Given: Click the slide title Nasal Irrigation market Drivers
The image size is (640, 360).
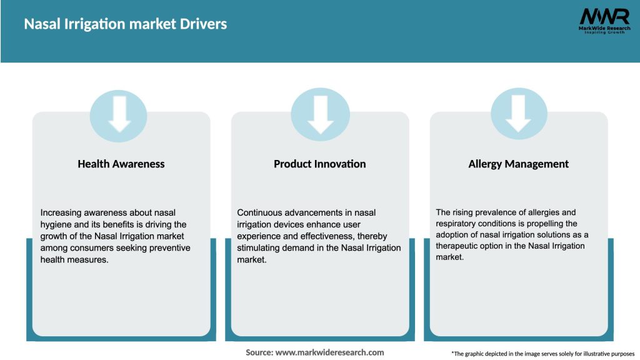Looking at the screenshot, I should [125, 24].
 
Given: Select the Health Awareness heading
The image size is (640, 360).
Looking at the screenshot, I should [121, 164].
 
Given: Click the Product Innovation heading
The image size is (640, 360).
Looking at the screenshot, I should [319, 164].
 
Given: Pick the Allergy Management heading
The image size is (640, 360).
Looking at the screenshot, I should [518, 164].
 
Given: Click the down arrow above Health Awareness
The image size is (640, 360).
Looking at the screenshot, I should [119, 115].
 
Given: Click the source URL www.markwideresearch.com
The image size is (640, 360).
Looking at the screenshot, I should [329, 352].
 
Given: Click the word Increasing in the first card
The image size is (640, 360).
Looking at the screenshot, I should [61, 212].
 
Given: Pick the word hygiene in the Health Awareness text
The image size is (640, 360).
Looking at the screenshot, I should [56, 224].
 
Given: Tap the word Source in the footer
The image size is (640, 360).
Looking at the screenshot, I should [259, 352].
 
